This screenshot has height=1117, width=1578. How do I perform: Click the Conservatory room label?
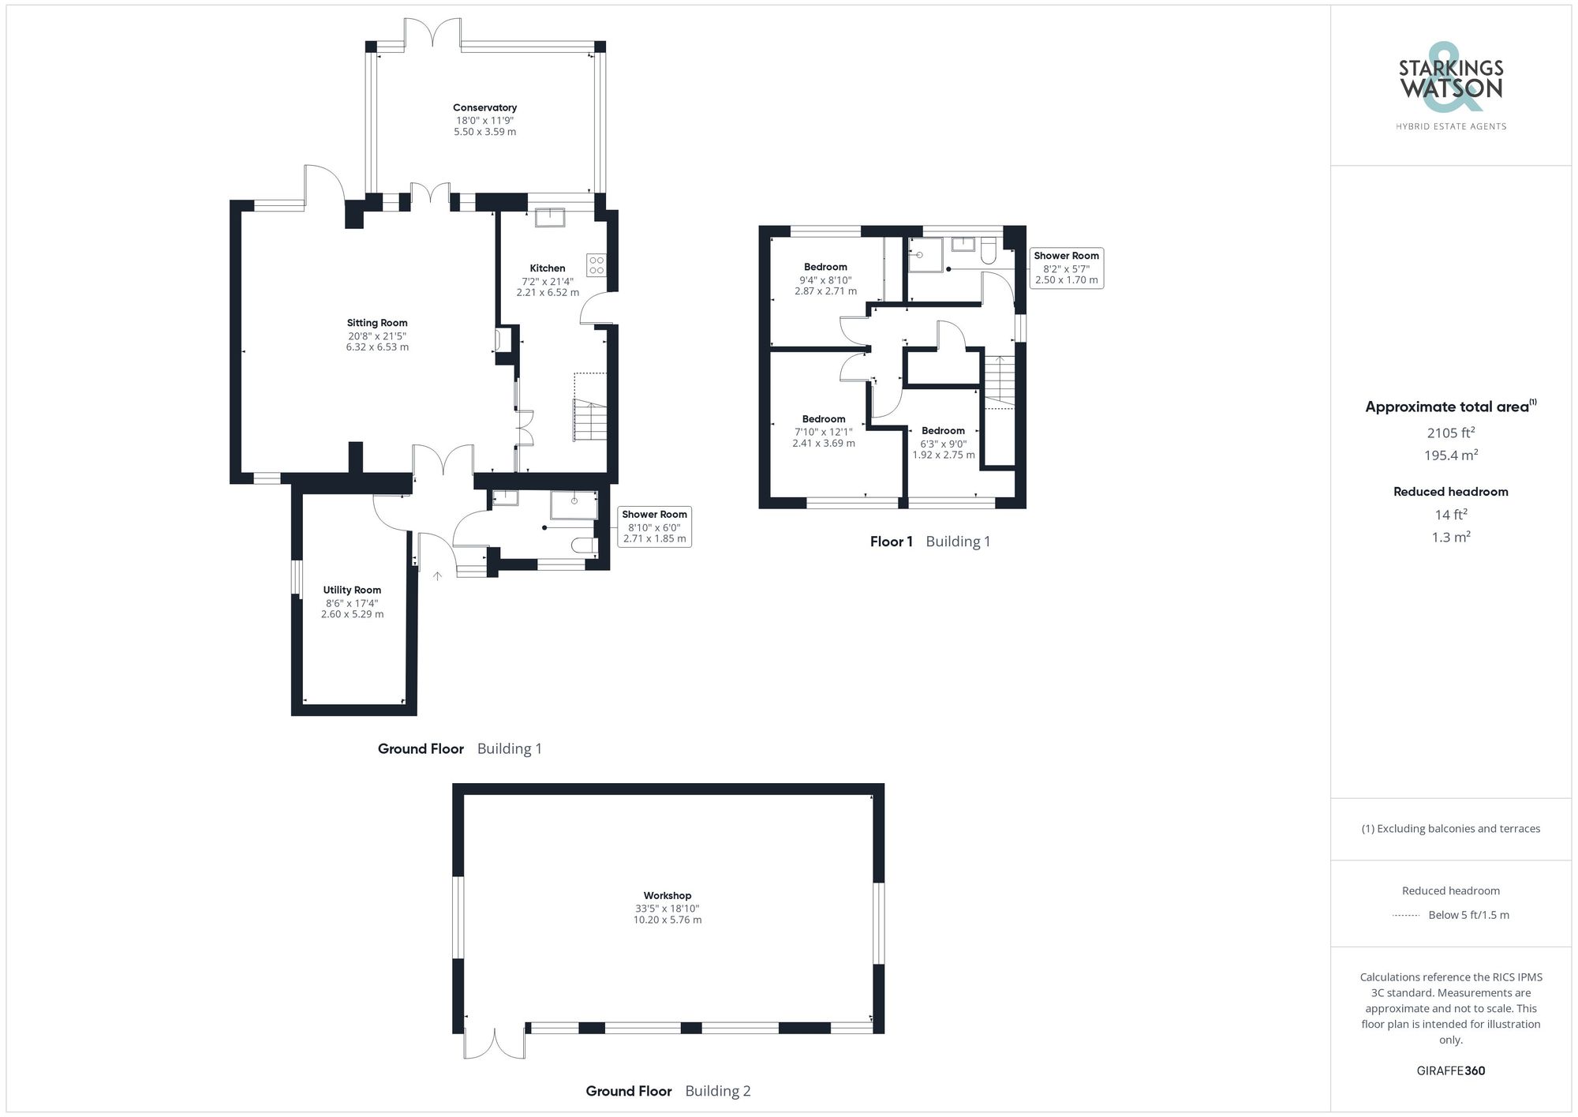484,108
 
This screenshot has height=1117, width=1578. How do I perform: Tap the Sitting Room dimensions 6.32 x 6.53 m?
377,347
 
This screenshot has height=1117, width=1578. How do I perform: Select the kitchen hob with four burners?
596,264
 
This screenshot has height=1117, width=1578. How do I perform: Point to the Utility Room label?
352,590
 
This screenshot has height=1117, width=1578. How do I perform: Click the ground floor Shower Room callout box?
654,527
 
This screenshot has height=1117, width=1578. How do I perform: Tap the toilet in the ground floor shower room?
585,545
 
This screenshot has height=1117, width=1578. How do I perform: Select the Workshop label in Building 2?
667,896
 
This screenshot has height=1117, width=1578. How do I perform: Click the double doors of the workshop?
495,1044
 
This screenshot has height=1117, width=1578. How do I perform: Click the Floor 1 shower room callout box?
1066,268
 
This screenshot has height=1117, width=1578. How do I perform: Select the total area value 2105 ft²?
1450,433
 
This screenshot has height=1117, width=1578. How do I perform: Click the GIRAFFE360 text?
1450,1071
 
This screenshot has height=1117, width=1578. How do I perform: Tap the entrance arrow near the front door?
437,576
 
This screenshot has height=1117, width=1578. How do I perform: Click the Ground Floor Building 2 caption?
667,1091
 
